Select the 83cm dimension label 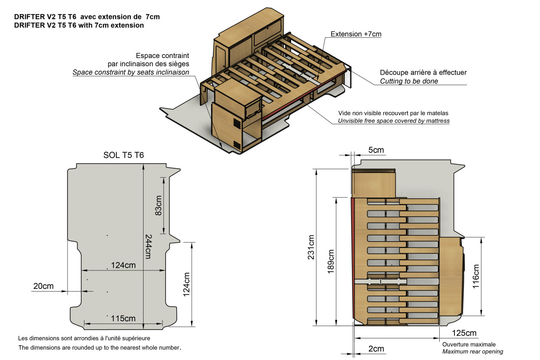coord(158,204)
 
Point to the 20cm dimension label coord(43,286)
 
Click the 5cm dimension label coord(376,150)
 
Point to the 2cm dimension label coord(376,349)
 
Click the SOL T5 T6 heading coord(124,156)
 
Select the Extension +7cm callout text coord(356,34)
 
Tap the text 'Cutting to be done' coord(409,81)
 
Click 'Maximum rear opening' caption coord(472,351)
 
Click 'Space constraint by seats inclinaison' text coord(130,72)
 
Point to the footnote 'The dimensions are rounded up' coord(99,348)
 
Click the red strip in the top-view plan coord(353,261)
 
